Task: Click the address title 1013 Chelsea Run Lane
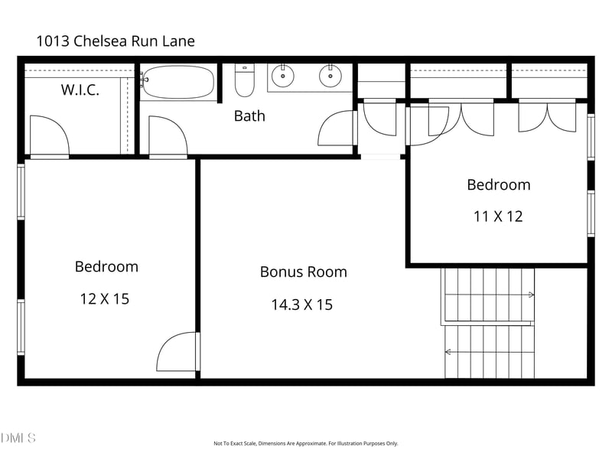(116, 41)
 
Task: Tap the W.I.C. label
(80, 90)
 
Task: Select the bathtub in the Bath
(178, 82)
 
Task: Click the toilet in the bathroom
(245, 80)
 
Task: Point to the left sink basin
(282, 76)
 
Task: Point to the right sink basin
(330, 76)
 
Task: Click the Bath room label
(249, 116)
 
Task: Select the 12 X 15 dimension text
(105, 299)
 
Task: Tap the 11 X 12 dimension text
(498, 216)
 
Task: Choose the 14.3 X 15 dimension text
(301, 304)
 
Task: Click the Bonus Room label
(303, 272)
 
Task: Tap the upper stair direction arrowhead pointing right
(531, 295)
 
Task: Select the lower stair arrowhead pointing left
(448, 352)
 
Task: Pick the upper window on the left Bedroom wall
(21, 192)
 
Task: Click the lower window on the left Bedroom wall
(21, 327)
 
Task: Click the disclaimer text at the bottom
(305, 444)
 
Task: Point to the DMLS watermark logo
(18, 438)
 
